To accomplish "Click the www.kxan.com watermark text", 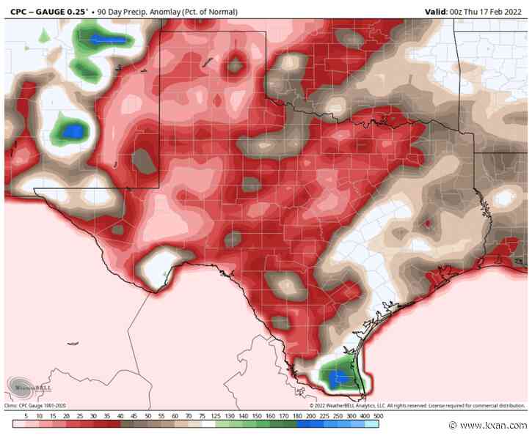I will pos(489,426).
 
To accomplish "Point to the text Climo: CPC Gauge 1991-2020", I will pos(41,404).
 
